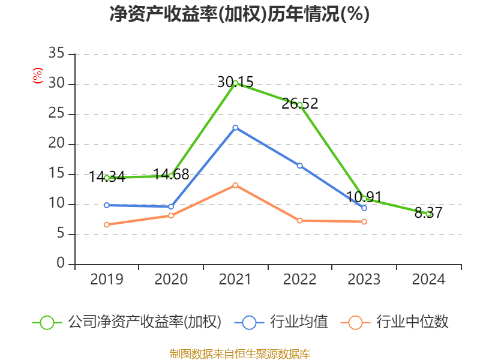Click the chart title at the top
[239, 14]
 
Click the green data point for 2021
[235, 83]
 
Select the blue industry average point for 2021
[235, 127]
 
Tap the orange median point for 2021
[235, 185]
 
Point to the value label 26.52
[299, 104]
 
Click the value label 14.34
[107, 177]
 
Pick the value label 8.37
[428, 212]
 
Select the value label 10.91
[364, 197]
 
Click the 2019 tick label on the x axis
[107, 279]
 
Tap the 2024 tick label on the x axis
[428, 279]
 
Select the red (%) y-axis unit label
[38, 76]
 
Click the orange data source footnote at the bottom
[239, 353]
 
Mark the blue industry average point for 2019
[107, 205]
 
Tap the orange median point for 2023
[364, 222]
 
